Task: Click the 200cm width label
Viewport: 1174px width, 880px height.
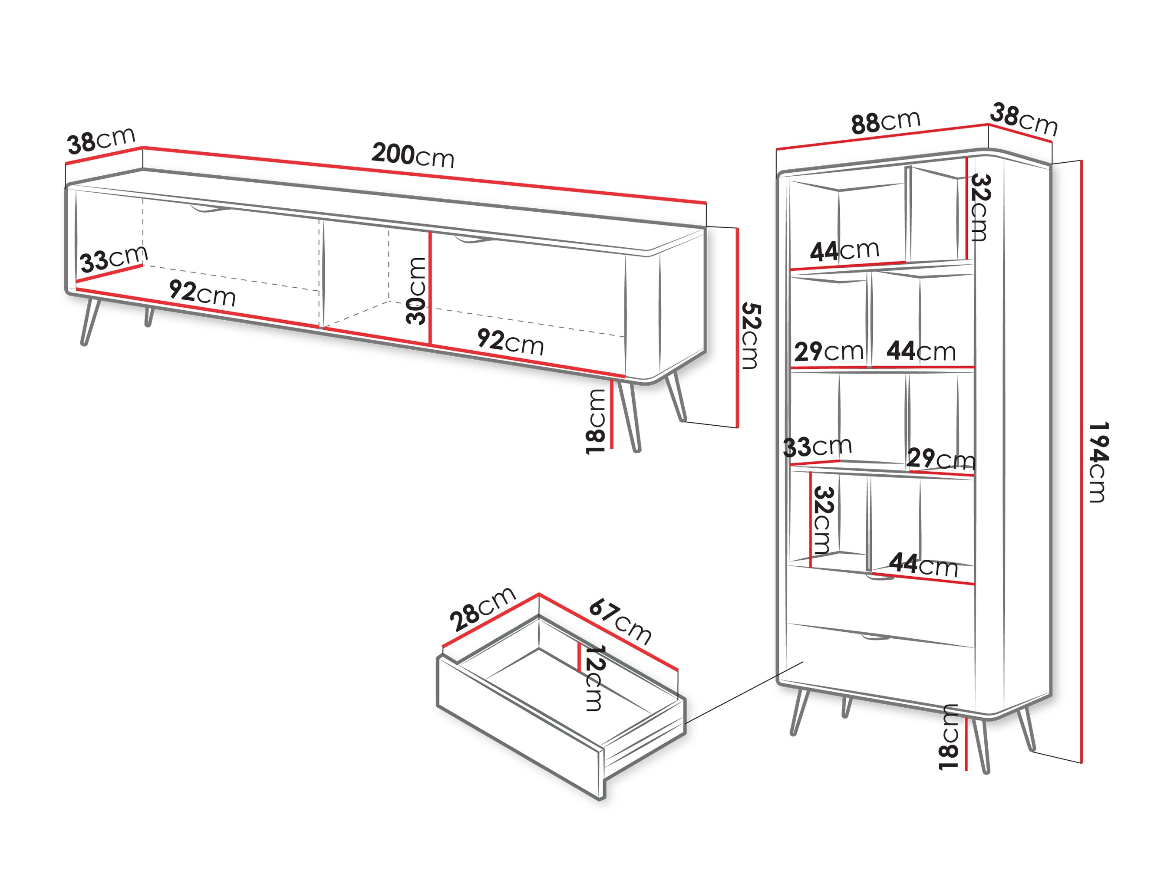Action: pyautogui.click(x=412, y=155)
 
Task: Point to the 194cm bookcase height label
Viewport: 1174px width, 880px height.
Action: pyautogui.click(x=1097, y=462)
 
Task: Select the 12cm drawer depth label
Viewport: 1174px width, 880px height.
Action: pyautogui.click(x=594, y=678)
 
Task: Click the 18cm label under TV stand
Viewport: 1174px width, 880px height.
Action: pyautogui.click(x=596, y=422)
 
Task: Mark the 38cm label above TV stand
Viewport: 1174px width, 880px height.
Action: pyautogui.click(x=101, y=140)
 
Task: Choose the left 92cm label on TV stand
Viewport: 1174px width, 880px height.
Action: pyautogui.click(x=202, y=292)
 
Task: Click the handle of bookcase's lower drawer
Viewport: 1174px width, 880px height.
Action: pyautogui.click(x=876, y=637)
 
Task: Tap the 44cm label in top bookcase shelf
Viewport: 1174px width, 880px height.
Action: pyautogui.click(x=844, y=250)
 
